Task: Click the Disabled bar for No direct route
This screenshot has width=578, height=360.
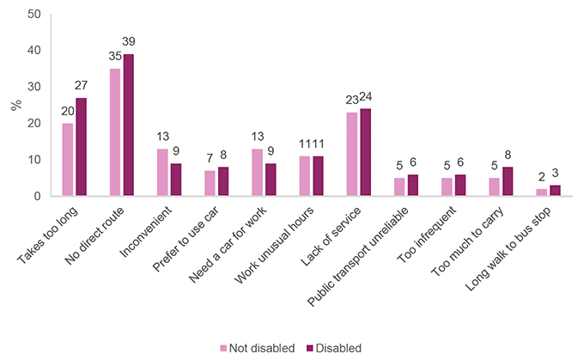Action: coord(129,125)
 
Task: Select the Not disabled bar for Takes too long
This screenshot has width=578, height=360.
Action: coord(68,160)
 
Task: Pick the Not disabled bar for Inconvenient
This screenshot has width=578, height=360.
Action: coord(162,173)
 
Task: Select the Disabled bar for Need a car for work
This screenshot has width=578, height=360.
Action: coord(270,180)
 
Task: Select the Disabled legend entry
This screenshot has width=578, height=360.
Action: coord(331,348)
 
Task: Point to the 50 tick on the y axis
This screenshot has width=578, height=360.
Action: coord(33,15)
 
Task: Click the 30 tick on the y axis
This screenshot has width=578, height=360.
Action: coord(33,87)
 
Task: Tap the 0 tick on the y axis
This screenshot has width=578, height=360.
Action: coord(37,196)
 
